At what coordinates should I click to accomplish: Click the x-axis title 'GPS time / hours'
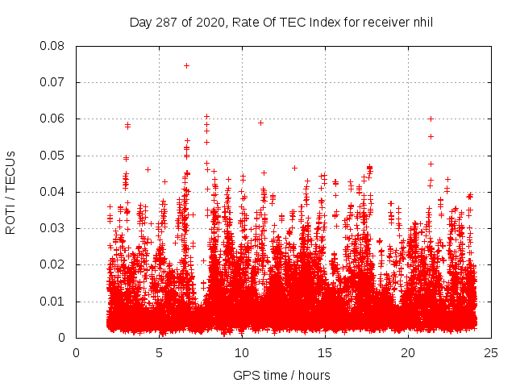click(281, 375)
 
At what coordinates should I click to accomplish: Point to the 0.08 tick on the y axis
click(53, 46)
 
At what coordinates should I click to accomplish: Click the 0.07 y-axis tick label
click(53, 82)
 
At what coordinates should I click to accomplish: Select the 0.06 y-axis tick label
click(53, 119)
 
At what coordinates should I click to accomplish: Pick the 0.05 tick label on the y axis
click(53, 156)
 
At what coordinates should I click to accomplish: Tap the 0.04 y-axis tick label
click(53, 192)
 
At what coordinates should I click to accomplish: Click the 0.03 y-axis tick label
click(53, 228)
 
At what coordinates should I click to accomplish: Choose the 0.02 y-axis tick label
click(53, 264)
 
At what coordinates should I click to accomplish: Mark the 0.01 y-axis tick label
click(53, 302)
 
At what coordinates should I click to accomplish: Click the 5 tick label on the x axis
click(160, 352)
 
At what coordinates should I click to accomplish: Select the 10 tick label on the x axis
click(243, 352)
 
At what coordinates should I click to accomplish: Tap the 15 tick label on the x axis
click(325, 352)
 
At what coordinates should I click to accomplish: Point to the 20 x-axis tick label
click(408, 352)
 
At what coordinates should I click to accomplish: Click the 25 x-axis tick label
click(491, 352)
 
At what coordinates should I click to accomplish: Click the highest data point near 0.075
click(186, 65)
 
